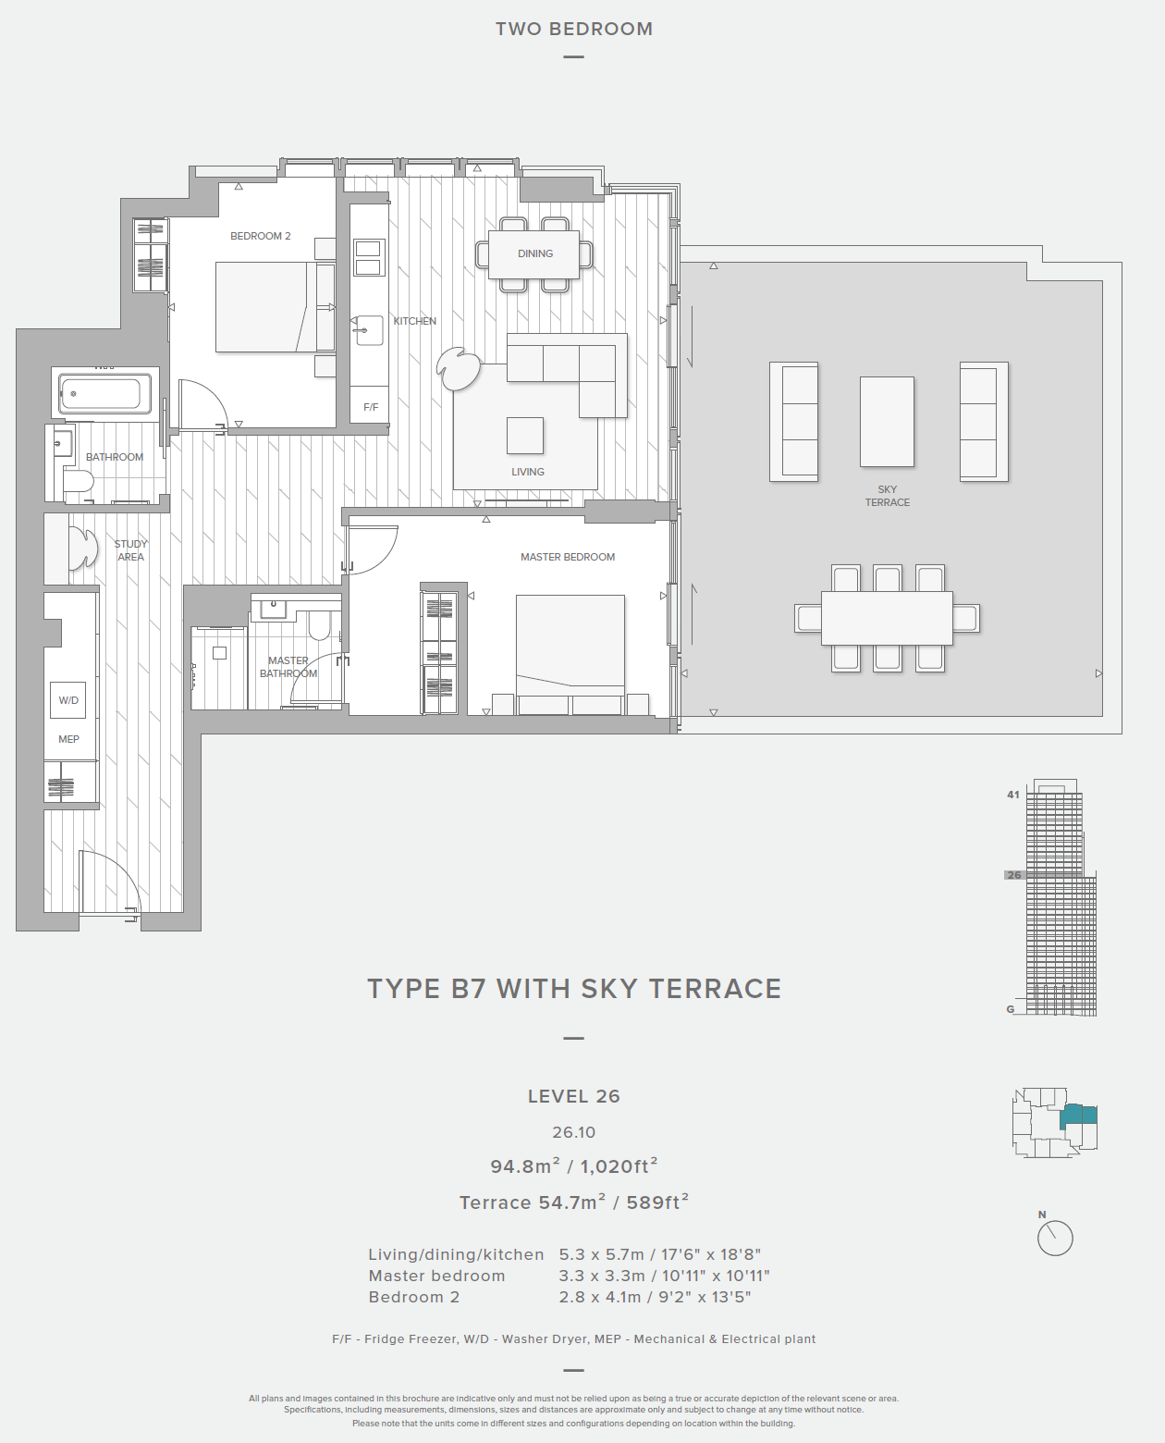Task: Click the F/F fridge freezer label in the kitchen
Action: coord(370,407)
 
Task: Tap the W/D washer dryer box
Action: coord(67,700)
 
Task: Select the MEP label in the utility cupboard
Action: coord(68,739)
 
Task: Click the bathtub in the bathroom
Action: coord(104,394)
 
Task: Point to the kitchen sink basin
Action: coord(367,330)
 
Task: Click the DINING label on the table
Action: coord(534,253)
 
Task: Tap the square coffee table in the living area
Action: coord(524,436)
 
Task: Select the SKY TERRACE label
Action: coord(887,495)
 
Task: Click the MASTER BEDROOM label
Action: coord(568,557)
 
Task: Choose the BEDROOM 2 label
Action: coord(260,236)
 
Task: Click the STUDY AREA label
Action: coord(130,550)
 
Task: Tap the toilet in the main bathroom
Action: coord(78,482)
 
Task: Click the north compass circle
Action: coord(1055,1239)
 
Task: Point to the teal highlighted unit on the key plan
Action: coord(1078,1116)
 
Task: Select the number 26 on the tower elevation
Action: coord(1013,875)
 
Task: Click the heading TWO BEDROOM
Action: coord(574,29)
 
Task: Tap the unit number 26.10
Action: coord(573,1132)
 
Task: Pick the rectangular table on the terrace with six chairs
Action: coord(887,618)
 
